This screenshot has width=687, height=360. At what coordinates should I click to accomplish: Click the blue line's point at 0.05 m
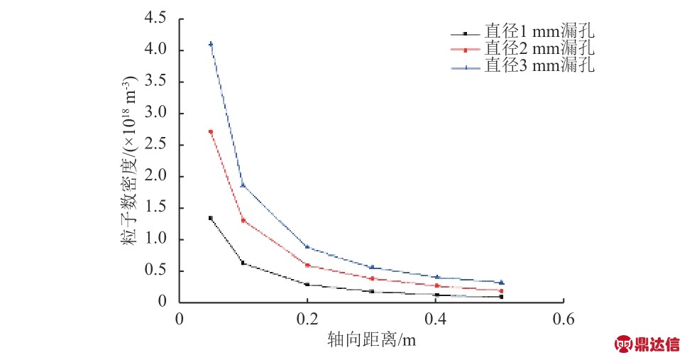tap(211, 44)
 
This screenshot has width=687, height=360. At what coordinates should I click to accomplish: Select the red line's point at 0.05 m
tap(211, 132)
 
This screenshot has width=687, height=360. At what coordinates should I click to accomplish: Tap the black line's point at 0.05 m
tap(211, 218)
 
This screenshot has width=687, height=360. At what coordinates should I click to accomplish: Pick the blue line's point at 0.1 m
tap(243, 185)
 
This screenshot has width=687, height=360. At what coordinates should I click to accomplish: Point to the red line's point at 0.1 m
tap(243, 220)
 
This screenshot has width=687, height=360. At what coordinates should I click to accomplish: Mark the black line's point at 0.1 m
tap(243, 263)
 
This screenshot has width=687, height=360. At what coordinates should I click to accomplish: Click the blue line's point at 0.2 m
tap(307, 247)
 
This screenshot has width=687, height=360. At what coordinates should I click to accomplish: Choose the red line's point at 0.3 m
tap(371, 278)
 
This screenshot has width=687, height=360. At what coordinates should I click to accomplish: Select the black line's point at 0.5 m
tap(501, 297)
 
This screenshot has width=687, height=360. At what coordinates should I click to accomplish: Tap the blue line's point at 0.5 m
tap(501, 283)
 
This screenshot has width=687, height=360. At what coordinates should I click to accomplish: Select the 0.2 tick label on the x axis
tap(307, 318)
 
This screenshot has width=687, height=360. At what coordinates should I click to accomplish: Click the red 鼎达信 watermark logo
tap(645, 344)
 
